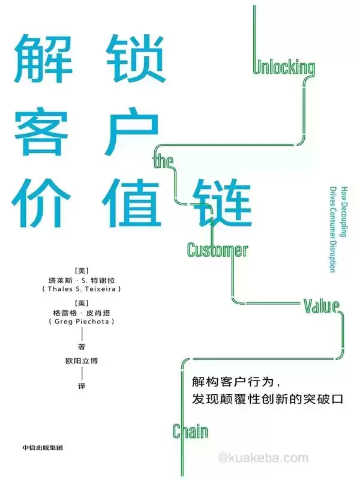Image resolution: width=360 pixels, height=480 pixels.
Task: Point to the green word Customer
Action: tap(217, 249)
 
